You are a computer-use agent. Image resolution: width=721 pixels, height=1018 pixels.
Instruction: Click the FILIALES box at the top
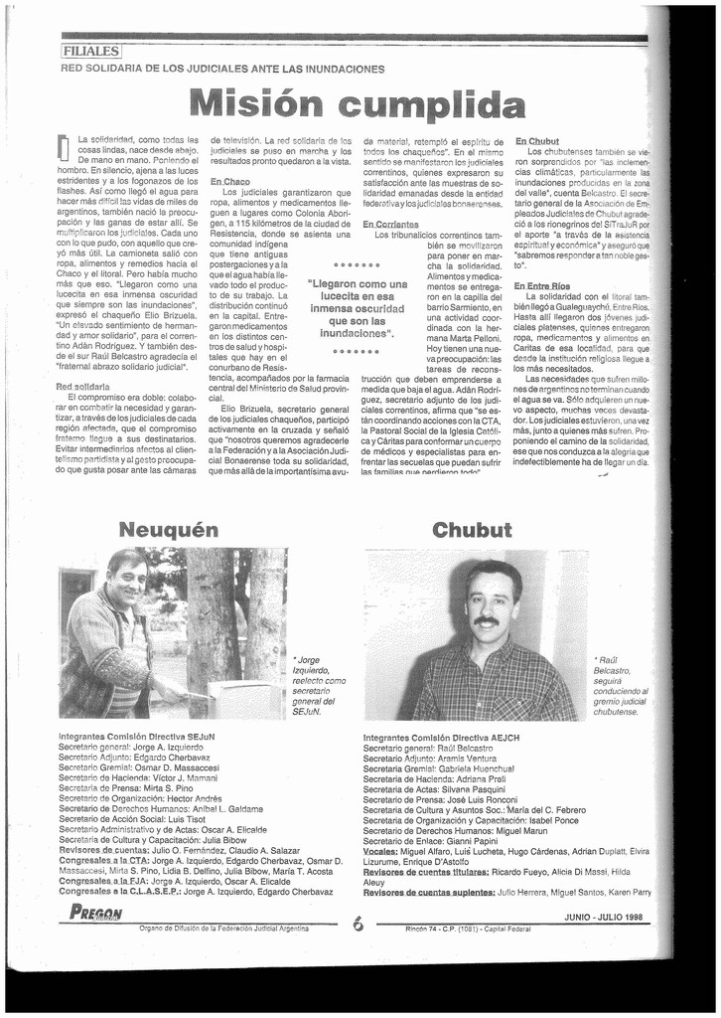pyautogui.click(x=89, y=50)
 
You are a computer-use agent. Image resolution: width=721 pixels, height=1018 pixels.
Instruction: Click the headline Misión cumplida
pyautogui.click(x=358, y=102)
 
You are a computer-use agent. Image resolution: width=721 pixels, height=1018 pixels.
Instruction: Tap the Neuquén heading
pyautogui.click(x=168, y=529)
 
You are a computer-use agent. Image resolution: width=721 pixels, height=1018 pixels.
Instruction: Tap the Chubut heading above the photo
pyautogui.click(x=472, y=529)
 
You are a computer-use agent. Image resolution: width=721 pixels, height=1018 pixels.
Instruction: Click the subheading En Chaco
pyautogui.click(x=229, y=181)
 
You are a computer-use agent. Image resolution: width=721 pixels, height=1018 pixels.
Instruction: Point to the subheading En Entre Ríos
pyautogui.click(x=542, y=286)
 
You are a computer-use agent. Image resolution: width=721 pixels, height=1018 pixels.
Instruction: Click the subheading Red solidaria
pyautogui.click(x=82, y=386)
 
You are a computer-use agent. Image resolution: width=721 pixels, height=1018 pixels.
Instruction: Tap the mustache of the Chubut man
pyautogui.click(x=486, y=620)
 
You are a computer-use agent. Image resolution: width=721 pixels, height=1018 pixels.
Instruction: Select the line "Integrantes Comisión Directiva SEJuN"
pyautogui.click(x=137, y=737)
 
